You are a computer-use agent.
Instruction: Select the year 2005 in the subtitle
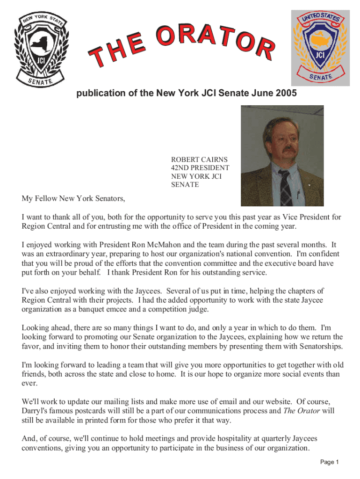[x=286, y=94]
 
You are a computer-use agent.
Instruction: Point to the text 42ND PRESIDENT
[x=200, y=167]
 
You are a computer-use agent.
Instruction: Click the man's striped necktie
[x=285, y=187]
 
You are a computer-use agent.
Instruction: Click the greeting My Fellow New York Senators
[x=73, y=199]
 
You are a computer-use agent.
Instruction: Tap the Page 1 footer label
[x=329, y=462]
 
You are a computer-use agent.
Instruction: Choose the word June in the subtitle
[x=265, y=94]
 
